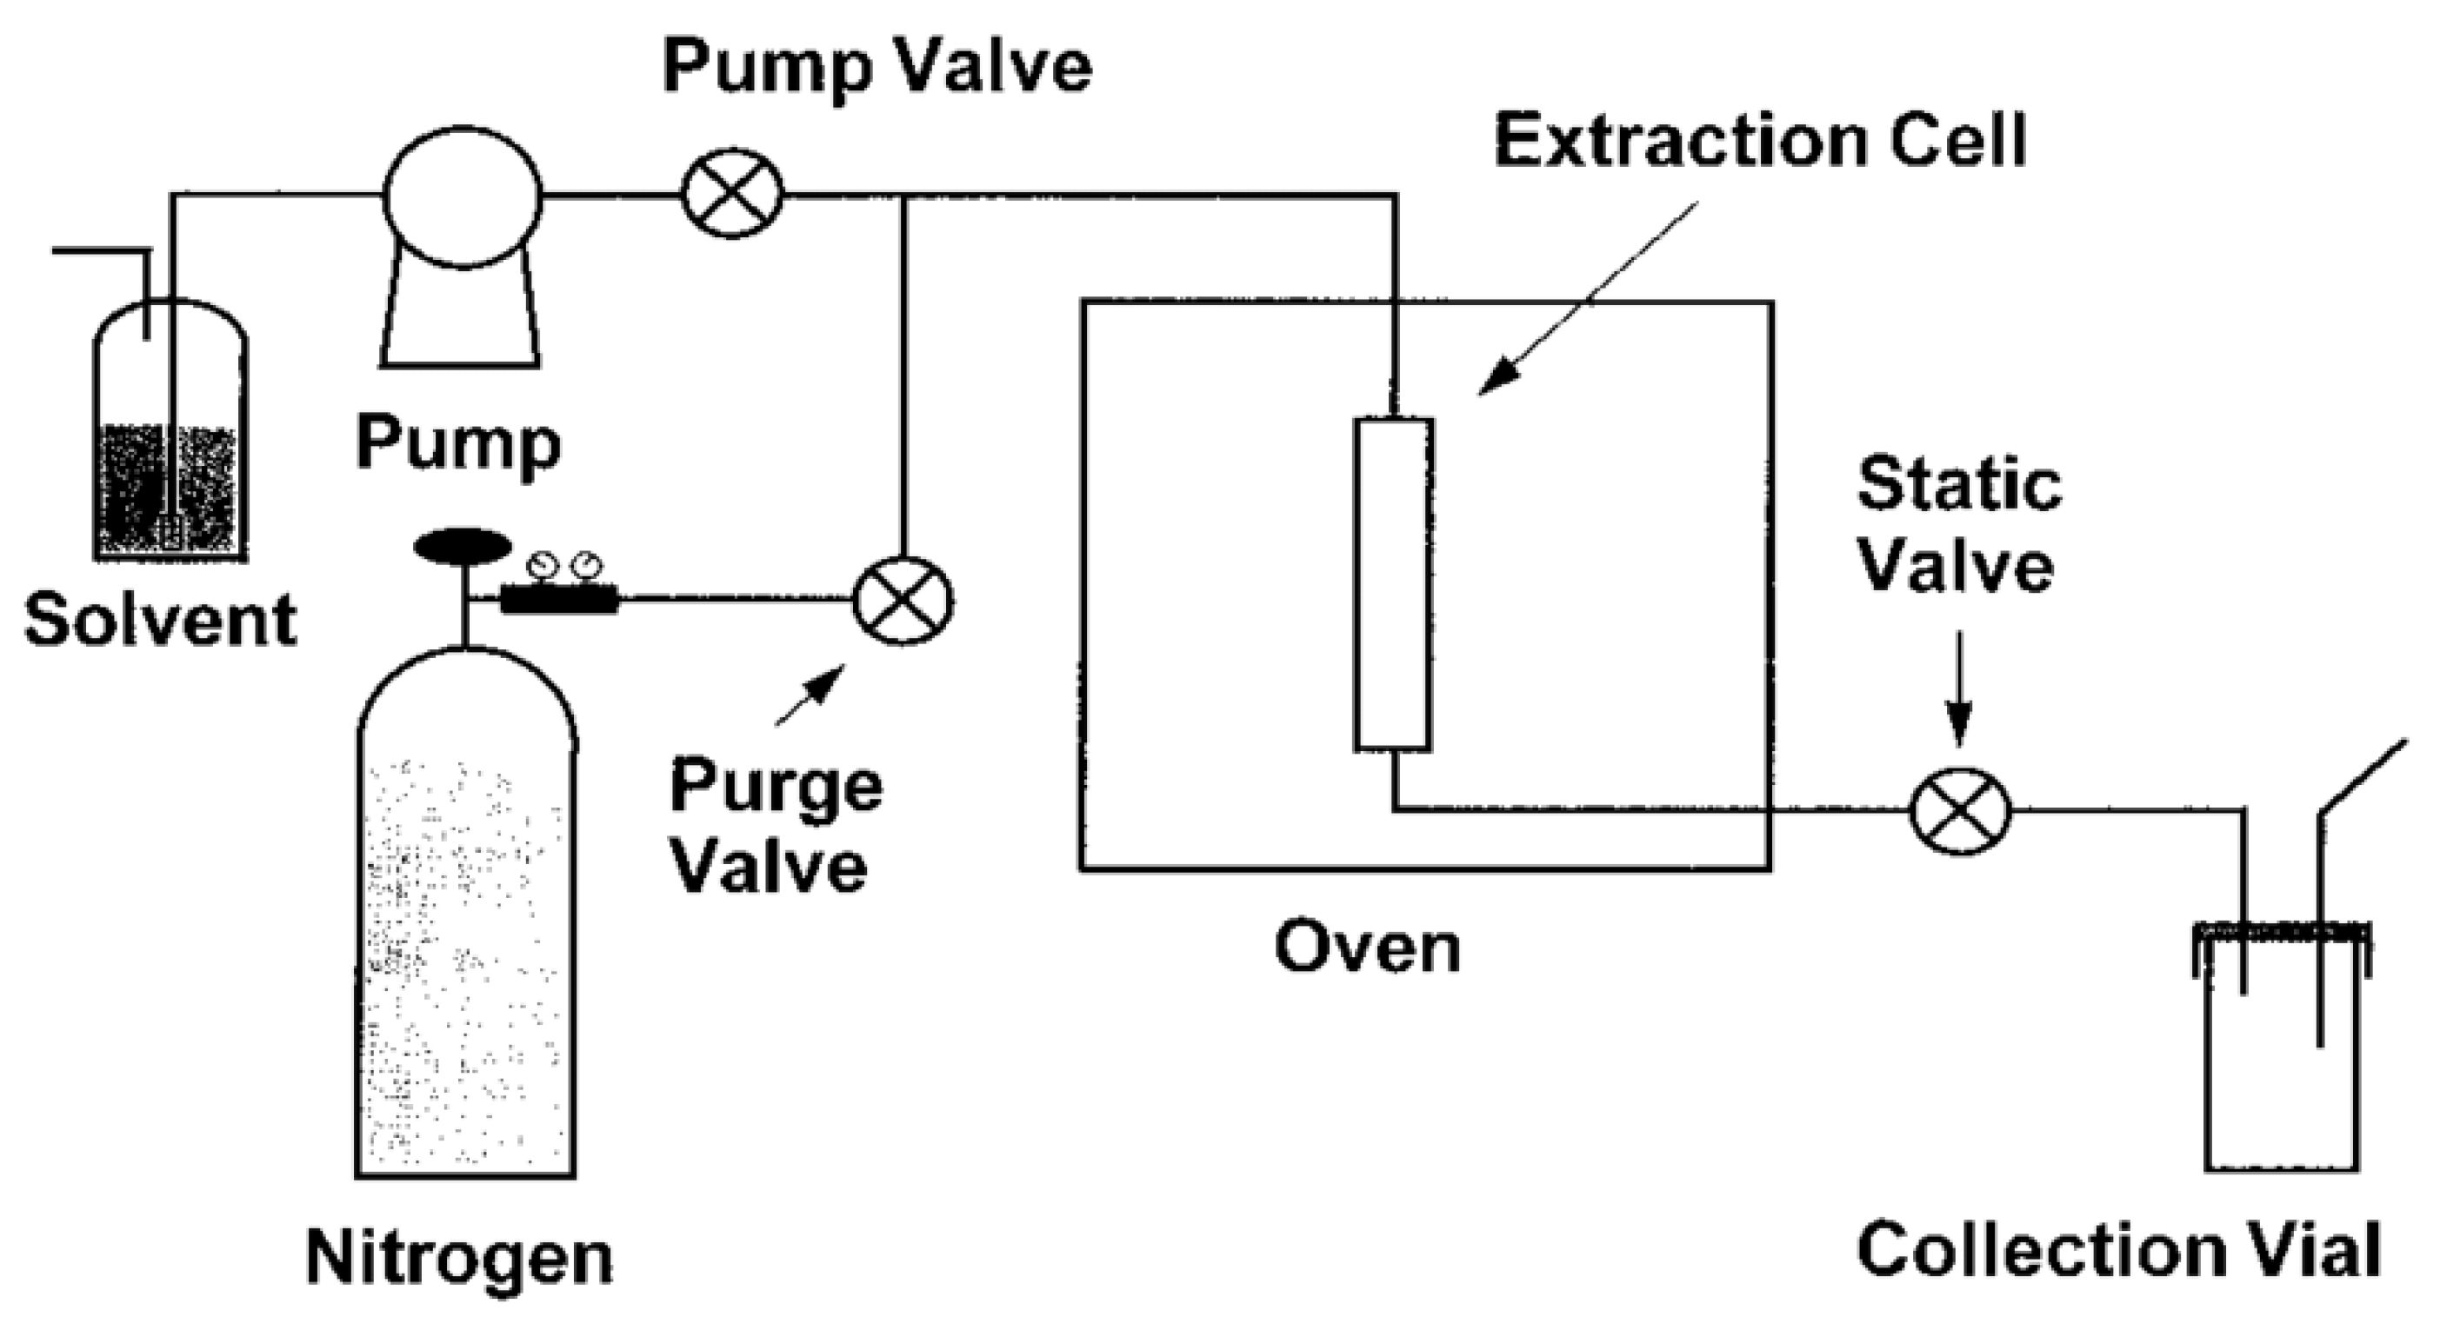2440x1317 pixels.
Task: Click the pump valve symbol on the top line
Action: point(732,194)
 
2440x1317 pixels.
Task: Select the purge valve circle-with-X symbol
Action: point(903,601)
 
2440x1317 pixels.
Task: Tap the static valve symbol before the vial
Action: point(1959,811)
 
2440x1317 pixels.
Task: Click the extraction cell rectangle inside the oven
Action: point(1392,584)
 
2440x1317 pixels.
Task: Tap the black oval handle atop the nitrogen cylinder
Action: point(463,546)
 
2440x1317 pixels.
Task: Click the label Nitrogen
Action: point(459,1257)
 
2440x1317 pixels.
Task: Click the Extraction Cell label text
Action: point(1760,141)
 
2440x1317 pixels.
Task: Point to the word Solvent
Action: point(161,620)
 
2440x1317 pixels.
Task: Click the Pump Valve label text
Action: point(877,67)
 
